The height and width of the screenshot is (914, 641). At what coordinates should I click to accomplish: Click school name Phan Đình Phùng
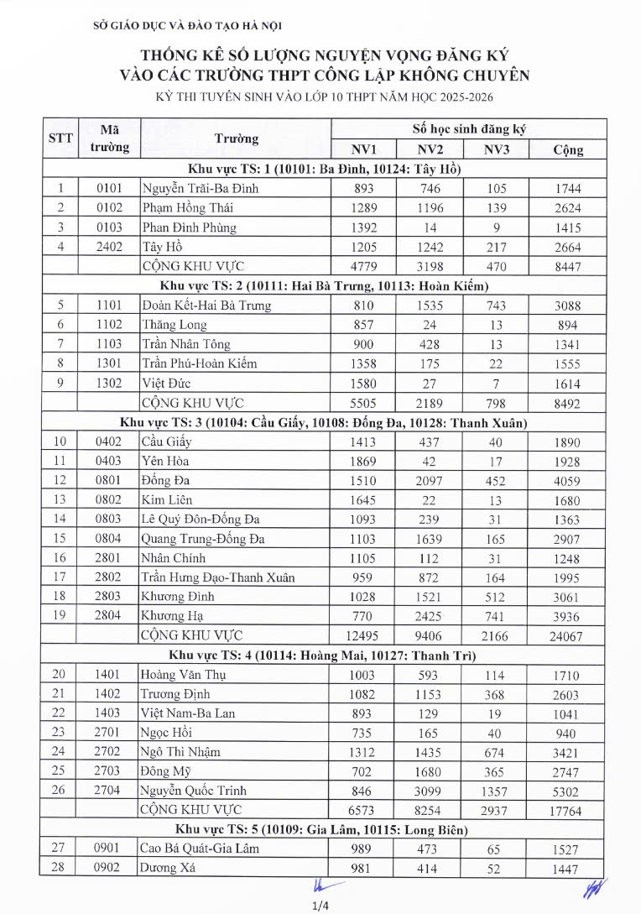tap(190, 227)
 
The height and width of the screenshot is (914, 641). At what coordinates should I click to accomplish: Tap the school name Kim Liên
tap(167, 500)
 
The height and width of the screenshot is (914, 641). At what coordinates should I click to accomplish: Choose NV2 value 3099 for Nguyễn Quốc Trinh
tap(430, 790)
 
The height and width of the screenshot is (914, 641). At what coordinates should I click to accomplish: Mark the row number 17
tap(60, 577)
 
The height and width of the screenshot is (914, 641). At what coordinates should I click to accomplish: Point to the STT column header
tap(60, 139)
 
